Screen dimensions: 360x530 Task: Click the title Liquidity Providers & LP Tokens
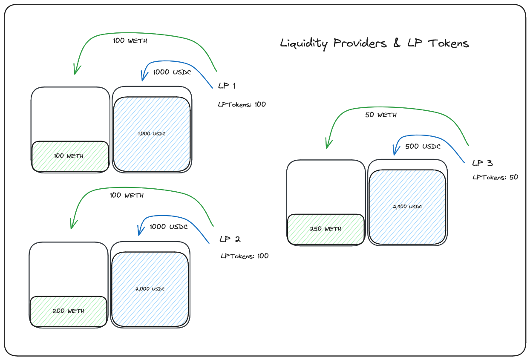(374, 43)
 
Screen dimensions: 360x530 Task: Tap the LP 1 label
(227, 86)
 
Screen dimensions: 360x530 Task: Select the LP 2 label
(230, 239)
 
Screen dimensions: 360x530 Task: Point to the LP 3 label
(482, 163)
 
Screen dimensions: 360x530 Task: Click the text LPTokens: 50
(495, 177)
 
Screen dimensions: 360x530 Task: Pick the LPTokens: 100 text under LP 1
(242, 104)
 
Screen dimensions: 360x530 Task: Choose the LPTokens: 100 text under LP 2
(245, 256)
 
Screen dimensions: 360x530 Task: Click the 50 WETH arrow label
(381, 115)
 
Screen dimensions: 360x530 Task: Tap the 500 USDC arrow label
(423, 147)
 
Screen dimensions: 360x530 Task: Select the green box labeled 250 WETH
(325, 229)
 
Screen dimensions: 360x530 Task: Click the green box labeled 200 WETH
(68, 311)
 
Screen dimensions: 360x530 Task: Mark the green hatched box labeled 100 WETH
(70, 156)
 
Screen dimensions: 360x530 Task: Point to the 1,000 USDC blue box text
(151, 134)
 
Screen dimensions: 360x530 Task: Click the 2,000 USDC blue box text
(150, 289)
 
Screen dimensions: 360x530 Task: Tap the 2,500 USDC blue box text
(407, 207)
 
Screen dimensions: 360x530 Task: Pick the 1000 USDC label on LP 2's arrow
(169, 227)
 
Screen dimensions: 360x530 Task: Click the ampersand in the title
(397, 43)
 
